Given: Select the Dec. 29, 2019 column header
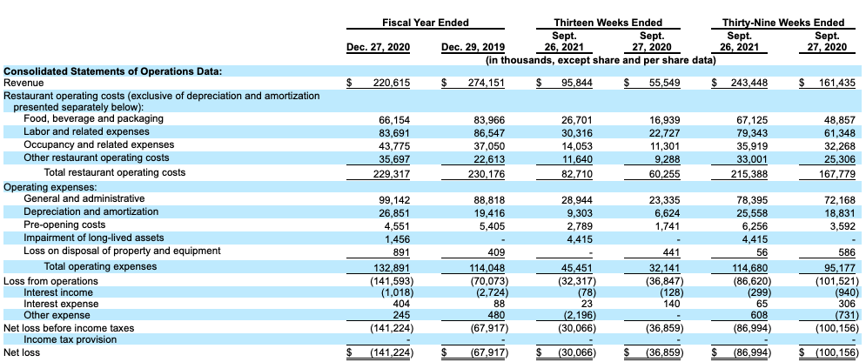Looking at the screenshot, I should point(471,47).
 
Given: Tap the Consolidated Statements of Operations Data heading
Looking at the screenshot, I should point(112,70).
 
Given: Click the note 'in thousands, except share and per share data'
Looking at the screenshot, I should point(600,60).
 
